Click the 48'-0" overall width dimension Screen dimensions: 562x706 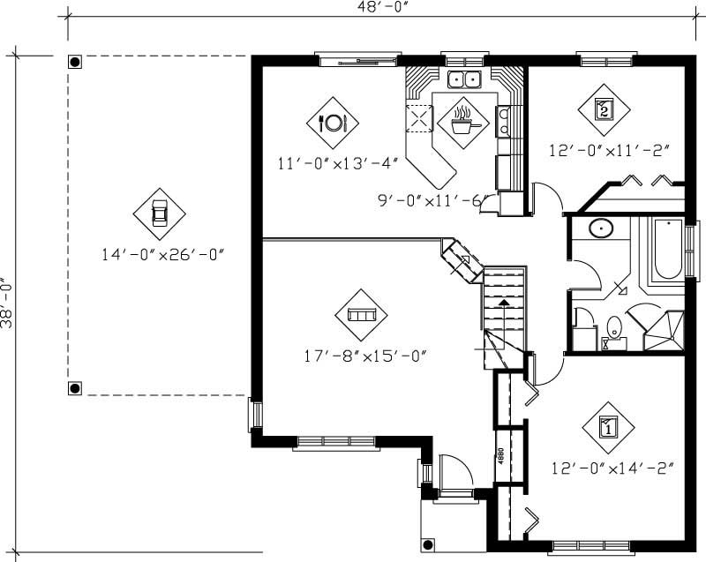[375, 8]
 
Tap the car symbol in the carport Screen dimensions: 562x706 [160, 213]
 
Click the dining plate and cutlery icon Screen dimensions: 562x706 [334, 122]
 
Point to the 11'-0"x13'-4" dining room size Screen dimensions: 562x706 [338, 162]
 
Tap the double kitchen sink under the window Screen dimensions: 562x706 [464, 81]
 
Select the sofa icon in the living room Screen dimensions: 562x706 [361, 314]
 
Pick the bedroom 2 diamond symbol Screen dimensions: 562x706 [604, 109]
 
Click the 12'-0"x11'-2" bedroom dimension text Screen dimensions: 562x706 [606, 150]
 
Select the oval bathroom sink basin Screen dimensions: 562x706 [601, 229]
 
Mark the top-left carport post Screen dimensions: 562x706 [76, 63]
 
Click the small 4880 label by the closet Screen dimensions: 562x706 [499, 455]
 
